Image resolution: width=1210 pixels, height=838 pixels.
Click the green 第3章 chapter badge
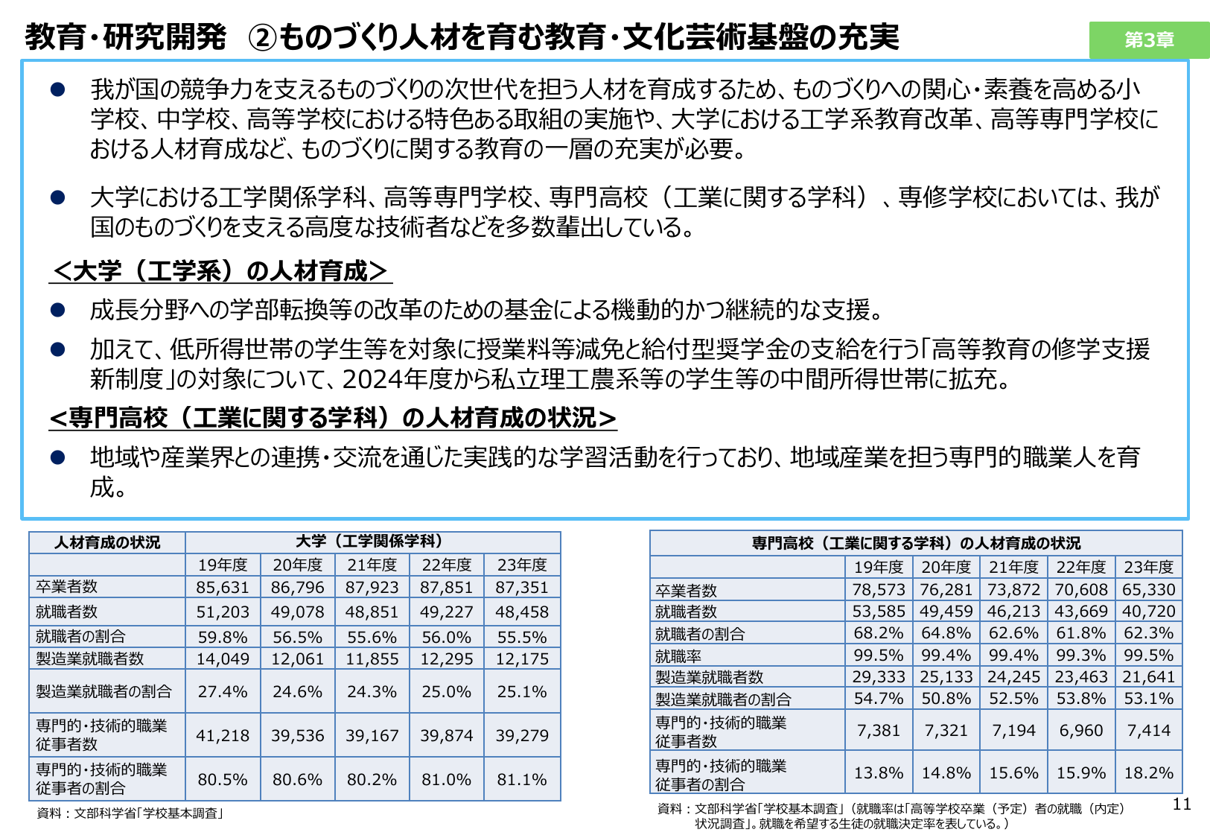pyautogui.click(x=1148, y=39)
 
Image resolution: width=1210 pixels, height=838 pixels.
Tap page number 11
pyautogui.click(x=1181, y=804)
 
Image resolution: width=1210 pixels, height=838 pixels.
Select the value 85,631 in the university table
pyautogui.click(x=222, y=587)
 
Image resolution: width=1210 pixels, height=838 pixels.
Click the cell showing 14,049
pyautogui.click(x=222, y=658)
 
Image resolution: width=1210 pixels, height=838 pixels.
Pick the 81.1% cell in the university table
pyautogui.click(x=521, y=779)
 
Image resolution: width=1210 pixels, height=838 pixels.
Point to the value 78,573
pyautogui.click(x=879, y=589)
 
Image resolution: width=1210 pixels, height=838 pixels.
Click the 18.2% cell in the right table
pyautogui.click(x=1148, y=772)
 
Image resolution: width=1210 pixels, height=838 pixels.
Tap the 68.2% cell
pyautogui.click(x=879, y=633)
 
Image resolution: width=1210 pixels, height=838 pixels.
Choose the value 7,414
pyautogui.click(x=1148, y=730)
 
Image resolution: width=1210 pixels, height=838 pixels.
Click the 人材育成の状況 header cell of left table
pyautogui.click(x=107, y=542)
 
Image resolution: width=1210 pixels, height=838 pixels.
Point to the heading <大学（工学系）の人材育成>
pyautogui.click(x=220, y=271)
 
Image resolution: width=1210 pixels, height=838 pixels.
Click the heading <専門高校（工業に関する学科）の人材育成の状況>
pyautogui.click(x=332, y=418)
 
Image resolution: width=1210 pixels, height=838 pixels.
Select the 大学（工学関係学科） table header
pyautogui.click(x=372, y=542)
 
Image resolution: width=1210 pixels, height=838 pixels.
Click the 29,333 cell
pyautogui.click(x=879, y=676)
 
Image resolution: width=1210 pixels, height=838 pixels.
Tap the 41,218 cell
pyautogui.click(x=222, y=735)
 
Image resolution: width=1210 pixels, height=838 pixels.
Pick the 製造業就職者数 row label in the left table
pyautogui.click(x=89, y=658)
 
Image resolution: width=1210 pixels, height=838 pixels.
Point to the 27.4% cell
pyautogui.click(x=222, y=691)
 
